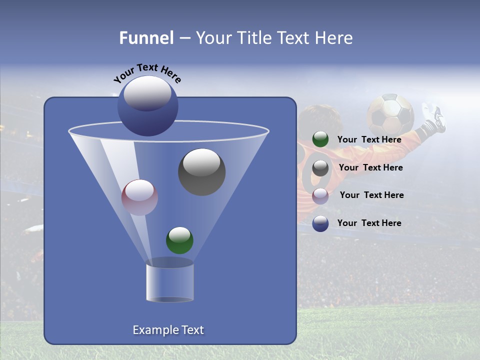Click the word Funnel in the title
click(146, 38)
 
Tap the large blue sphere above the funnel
click(147, 106)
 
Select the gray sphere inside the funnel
click(201, 171)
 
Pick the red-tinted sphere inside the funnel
click(139, 197)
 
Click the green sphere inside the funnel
click(179, 240)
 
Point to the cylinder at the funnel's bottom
click(169, 282)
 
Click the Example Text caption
click(168, 330)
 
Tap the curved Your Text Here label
click(147, 73)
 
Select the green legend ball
click(320, 139)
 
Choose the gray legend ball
click(320, 168)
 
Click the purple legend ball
click(320, 195)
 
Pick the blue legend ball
click(320, 223)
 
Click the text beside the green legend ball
click(369, 139)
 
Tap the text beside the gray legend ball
click(370, 167)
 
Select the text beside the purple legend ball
click(371, 195)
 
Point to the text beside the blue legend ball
click(369, 223)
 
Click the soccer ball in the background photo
click(390, 114)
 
